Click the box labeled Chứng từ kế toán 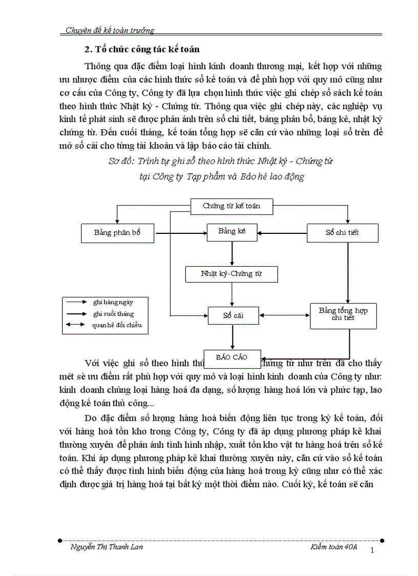tap(231, 206)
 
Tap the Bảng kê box tap(232, 232)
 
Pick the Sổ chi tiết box tap(342, 233)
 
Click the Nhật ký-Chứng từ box tap(231, 274)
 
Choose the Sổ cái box tap(233, 315)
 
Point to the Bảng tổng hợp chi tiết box tap(343, 314)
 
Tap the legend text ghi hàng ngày tap(113, 303)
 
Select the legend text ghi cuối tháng tap(114, 313)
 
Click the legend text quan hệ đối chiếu tap(117, 325)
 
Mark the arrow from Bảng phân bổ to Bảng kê tap(180, 233)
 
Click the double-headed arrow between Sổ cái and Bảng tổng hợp tap(284, 315)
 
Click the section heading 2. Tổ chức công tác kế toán tap(141, 50)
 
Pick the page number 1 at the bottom tap(373, 551)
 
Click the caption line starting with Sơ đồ tap(221, 161)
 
